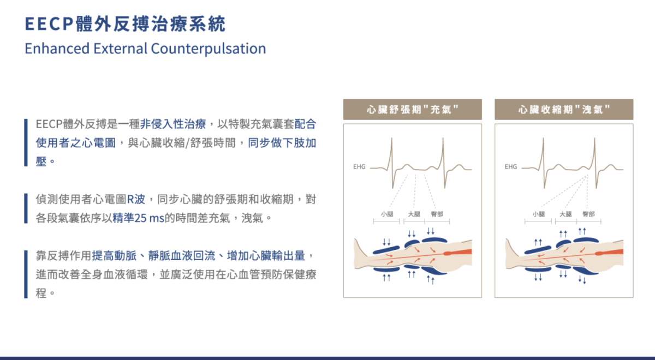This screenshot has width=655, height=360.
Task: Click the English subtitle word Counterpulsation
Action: pos(209,49)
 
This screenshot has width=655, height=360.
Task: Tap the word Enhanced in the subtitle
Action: pos(57,49)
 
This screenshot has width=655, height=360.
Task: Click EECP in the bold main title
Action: pos(49,23)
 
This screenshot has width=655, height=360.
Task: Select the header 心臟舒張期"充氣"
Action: pos(412,110)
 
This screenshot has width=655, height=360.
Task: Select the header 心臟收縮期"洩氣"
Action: pos(564,110)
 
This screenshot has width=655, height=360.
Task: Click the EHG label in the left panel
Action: pos(359,167)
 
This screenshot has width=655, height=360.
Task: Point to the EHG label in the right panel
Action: pos(511,167)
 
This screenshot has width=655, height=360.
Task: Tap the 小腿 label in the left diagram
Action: pos(387,214)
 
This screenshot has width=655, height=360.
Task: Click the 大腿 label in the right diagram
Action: pos(565,214)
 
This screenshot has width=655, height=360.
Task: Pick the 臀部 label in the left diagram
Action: pos(437,214)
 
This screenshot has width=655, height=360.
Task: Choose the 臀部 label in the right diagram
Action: pos(588,214)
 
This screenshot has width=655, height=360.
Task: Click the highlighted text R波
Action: pos(136,199)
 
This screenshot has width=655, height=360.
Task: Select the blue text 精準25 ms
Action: pos(138,218)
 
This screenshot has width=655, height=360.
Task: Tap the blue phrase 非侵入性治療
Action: pos(173,124)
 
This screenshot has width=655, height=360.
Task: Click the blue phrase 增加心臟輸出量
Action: pos(266,256)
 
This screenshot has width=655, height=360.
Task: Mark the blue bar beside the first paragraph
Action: pos(26,142)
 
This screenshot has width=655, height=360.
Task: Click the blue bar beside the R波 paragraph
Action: pos(26,208)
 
